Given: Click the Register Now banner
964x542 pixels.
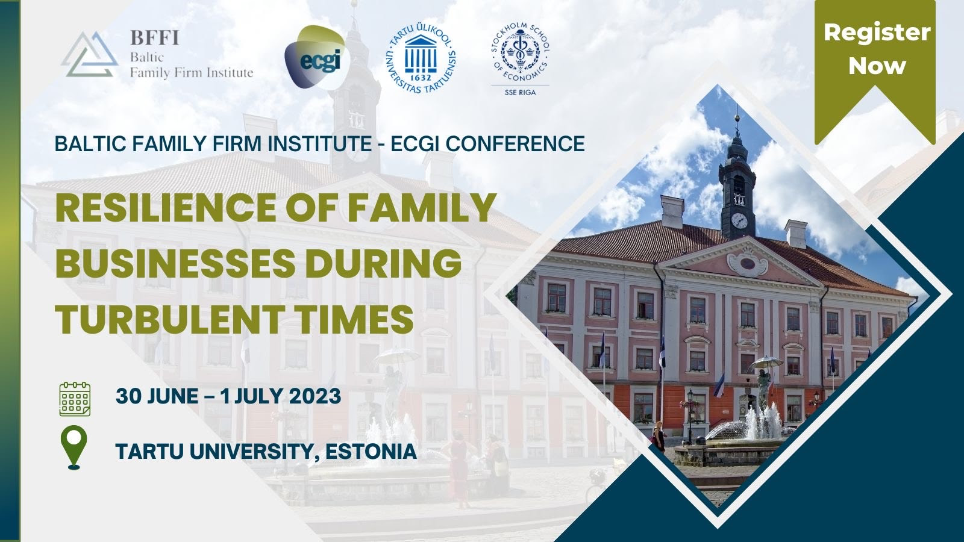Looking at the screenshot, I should tap(876, 49).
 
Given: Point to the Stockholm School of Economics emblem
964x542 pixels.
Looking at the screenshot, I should tap(519, 53).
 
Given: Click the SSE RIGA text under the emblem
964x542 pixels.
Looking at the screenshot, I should tap(519, 92).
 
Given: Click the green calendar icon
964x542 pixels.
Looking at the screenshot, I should tap(75, 398).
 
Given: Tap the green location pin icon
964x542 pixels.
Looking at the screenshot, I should tap(74, 447).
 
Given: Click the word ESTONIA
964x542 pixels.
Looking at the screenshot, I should tap(371, 451).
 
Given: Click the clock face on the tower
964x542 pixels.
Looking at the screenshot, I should tap(739, 221).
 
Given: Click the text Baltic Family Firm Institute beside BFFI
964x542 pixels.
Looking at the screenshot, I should tap(192, 66).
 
